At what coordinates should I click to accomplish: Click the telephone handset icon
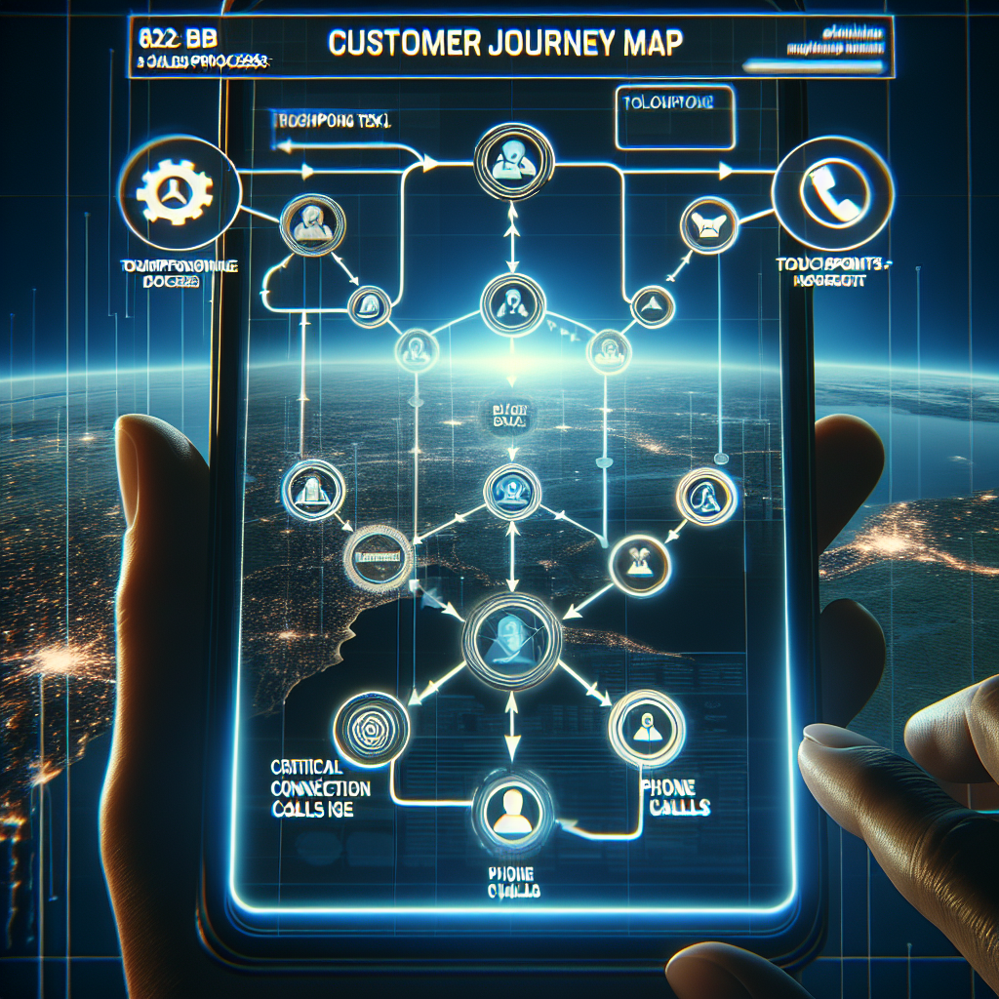click(x=832, y=188)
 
